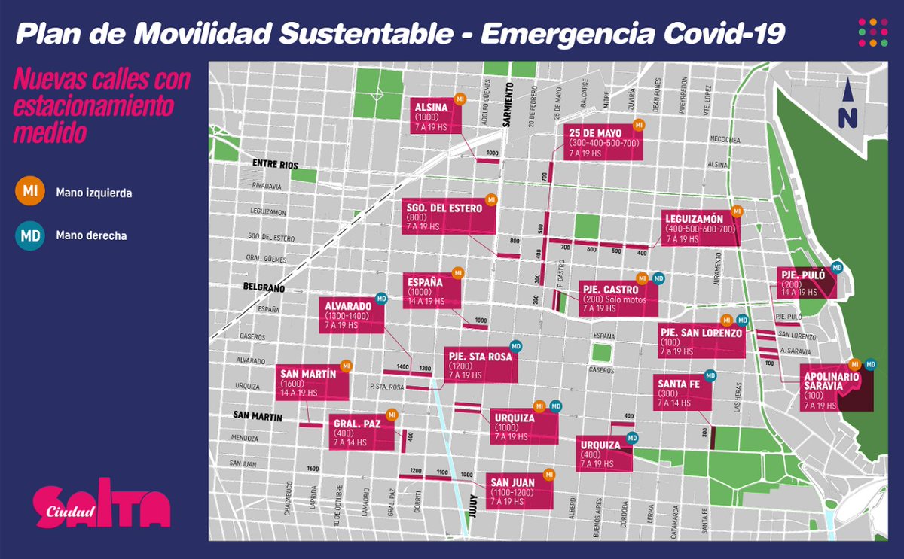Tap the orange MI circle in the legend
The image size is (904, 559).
click(x=30, y=192)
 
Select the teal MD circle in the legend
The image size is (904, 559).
click(x=30, y=235)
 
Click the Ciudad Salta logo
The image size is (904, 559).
click(x=102, y=504)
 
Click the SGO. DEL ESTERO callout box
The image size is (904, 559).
click(x=448, y=217)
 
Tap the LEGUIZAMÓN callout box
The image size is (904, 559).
click(x=700, y=228)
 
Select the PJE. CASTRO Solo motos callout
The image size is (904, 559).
click(x=618, y=298)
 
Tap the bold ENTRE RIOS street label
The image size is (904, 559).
click(x=276, y=164)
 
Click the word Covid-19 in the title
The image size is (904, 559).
click(x=716, y=32)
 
